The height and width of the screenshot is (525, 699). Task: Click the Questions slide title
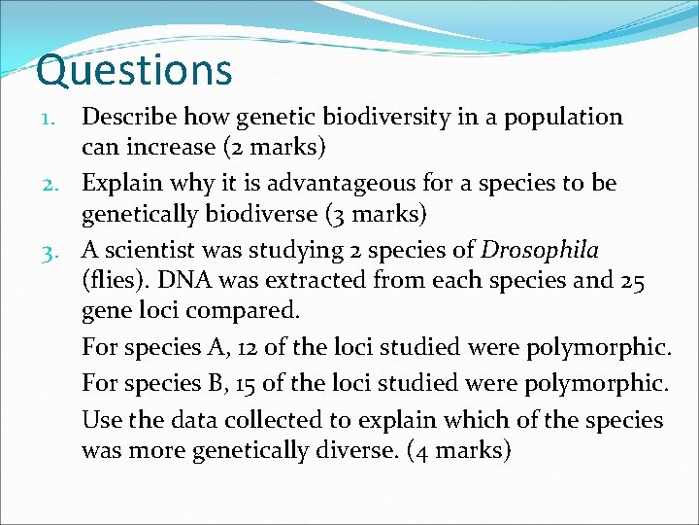click(134, 71)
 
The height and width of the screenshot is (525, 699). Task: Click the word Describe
click(123, 118)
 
